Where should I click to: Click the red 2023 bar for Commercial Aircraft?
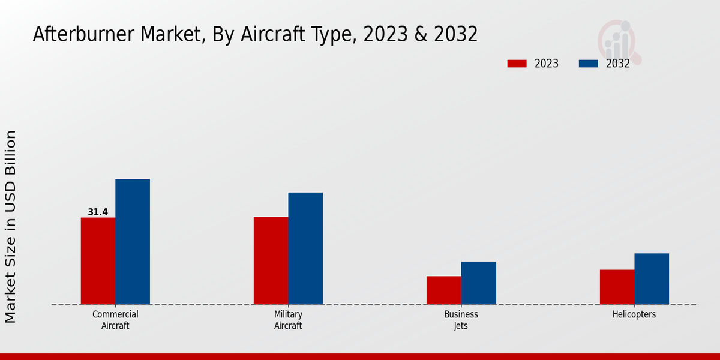point(98,260)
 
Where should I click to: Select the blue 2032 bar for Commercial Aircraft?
point(133,241)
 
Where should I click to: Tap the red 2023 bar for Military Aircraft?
point(271,260)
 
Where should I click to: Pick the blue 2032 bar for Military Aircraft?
point(305,248)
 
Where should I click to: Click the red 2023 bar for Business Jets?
point(444,290)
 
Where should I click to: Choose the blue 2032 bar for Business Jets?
point(479,283)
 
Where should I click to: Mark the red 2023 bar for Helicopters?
point(617,287)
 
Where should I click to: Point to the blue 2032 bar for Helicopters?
point(652,278)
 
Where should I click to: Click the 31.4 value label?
point(98,212)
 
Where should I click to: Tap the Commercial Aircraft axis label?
point(115,320)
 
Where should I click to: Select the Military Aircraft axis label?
point(288,320)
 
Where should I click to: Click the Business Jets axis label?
point(461,320)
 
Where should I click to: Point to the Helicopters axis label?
point(634,314)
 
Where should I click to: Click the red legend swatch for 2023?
point(517,64)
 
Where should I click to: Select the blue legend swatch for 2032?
point(589,64)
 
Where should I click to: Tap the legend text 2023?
point(547,64)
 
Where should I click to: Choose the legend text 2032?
point(618,64)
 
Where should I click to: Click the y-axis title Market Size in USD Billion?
point(11,227)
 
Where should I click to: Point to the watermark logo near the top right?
point(619,41)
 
